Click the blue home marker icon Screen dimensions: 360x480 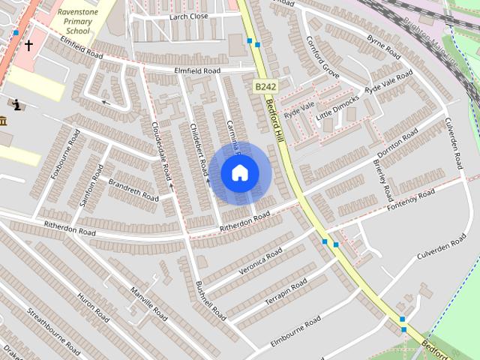239,172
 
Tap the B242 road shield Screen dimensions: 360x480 261,88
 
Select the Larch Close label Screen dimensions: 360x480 188,16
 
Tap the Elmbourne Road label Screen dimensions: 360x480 295,328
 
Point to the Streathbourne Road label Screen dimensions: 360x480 53,330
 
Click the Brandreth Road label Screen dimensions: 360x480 133,189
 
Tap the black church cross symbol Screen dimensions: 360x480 28,45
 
